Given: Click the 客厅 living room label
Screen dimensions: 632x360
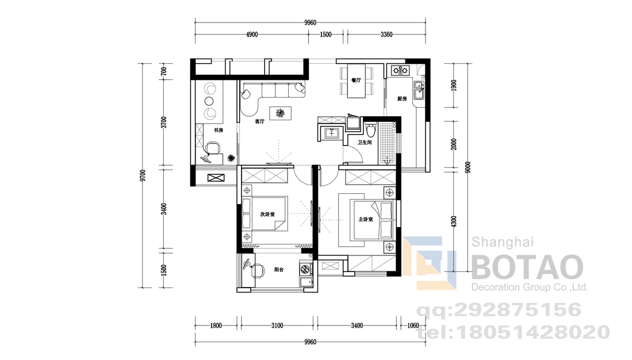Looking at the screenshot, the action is coord(259,121).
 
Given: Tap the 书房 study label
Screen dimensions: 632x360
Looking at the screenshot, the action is coord(219,130).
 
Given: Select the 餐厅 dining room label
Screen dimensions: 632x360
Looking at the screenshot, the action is coord(356,81).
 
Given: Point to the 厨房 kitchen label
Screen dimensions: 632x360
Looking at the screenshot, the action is coord(402,99).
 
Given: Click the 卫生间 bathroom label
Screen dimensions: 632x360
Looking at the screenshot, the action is coord(365,142).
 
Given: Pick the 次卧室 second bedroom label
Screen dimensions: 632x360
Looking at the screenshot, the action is coord(267,215).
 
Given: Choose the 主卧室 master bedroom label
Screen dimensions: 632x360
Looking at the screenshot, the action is coord(366,219).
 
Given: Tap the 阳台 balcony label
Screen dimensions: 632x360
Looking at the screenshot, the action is coord(279,270).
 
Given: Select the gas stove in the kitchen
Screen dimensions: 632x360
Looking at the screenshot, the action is coord(400,71).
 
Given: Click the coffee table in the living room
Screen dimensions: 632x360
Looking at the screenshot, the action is coord(281,113).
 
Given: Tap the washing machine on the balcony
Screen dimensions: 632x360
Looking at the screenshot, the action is coord(306,267).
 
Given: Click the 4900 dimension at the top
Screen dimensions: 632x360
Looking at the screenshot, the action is coord(252,35).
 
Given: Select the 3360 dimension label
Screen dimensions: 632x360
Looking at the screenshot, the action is coord(386,35).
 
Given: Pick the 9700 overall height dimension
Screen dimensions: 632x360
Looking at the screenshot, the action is coord(143,176).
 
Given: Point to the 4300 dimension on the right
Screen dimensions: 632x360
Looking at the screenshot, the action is coord(454,222).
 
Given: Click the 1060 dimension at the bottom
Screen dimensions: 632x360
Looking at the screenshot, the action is coord(413,325).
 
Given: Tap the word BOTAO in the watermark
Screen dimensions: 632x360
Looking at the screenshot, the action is coord(527,267).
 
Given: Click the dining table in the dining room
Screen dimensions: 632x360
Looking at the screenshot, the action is coord(357,81).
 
